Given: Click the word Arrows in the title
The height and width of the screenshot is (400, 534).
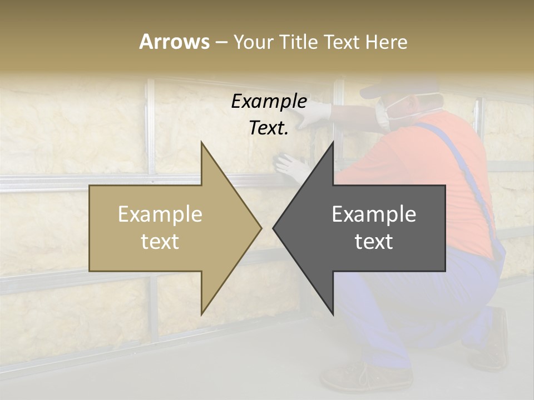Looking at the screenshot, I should pyautogui.click(x=174, y=42).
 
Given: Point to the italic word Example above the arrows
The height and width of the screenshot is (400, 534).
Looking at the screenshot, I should pyautogui.click(x=269, y=101).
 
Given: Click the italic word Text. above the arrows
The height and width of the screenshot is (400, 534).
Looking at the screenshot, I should pyautogui.click(x=269, y=128).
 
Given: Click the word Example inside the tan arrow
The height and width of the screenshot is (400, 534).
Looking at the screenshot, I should pyautogui.click(x=160, y=214).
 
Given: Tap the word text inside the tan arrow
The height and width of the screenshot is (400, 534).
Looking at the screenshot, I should pyautogui.click(x=160, y=242).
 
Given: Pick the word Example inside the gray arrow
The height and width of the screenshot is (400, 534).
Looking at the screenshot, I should pyautogui.click(x=374, y=214).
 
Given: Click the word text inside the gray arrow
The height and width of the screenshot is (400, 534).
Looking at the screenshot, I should pyautogui.click(x=374, y=242).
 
